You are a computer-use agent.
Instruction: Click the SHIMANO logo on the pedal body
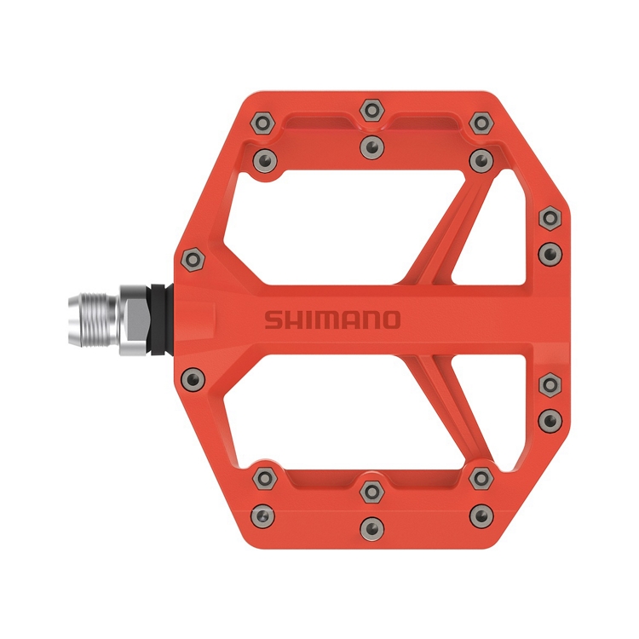(x=331, y=320)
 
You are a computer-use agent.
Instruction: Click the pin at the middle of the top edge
(x=371, y=109)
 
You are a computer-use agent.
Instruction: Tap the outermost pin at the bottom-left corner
(x=263, y=514)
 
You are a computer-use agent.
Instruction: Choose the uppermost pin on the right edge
(x=549, y=218)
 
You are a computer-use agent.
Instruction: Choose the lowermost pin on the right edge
(x=549, y=418)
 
